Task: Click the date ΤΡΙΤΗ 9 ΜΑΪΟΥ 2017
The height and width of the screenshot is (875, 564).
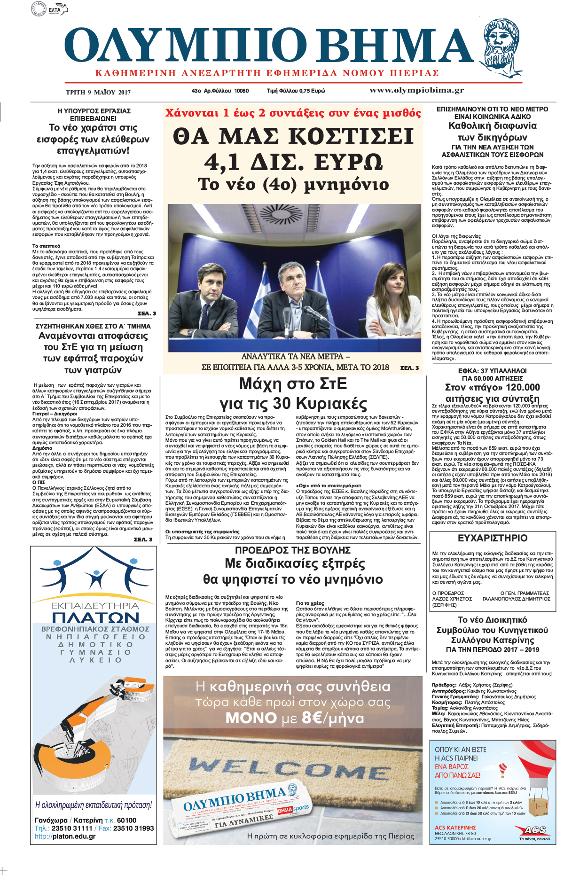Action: (x=98, y=92)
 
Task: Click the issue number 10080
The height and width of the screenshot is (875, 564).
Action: (x=242, y=91)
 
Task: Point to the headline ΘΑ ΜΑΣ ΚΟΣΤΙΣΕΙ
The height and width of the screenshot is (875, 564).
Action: (x=293, y=137)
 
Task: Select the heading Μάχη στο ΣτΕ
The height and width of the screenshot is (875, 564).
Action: (x=293, y=384)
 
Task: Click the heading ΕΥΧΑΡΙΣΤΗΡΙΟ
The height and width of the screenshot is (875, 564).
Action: (x=492, y=538)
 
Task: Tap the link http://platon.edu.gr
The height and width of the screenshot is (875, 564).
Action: (x=65, y=836)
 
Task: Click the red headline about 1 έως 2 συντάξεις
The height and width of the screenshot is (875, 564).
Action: (x=293, y=113)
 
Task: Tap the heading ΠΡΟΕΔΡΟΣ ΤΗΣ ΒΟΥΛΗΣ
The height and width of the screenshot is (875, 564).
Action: (x=293, y=550)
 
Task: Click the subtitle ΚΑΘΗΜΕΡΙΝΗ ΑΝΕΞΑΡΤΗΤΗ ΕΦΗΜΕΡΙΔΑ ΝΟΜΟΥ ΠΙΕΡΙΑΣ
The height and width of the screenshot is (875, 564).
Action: (x=267, y=73)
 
